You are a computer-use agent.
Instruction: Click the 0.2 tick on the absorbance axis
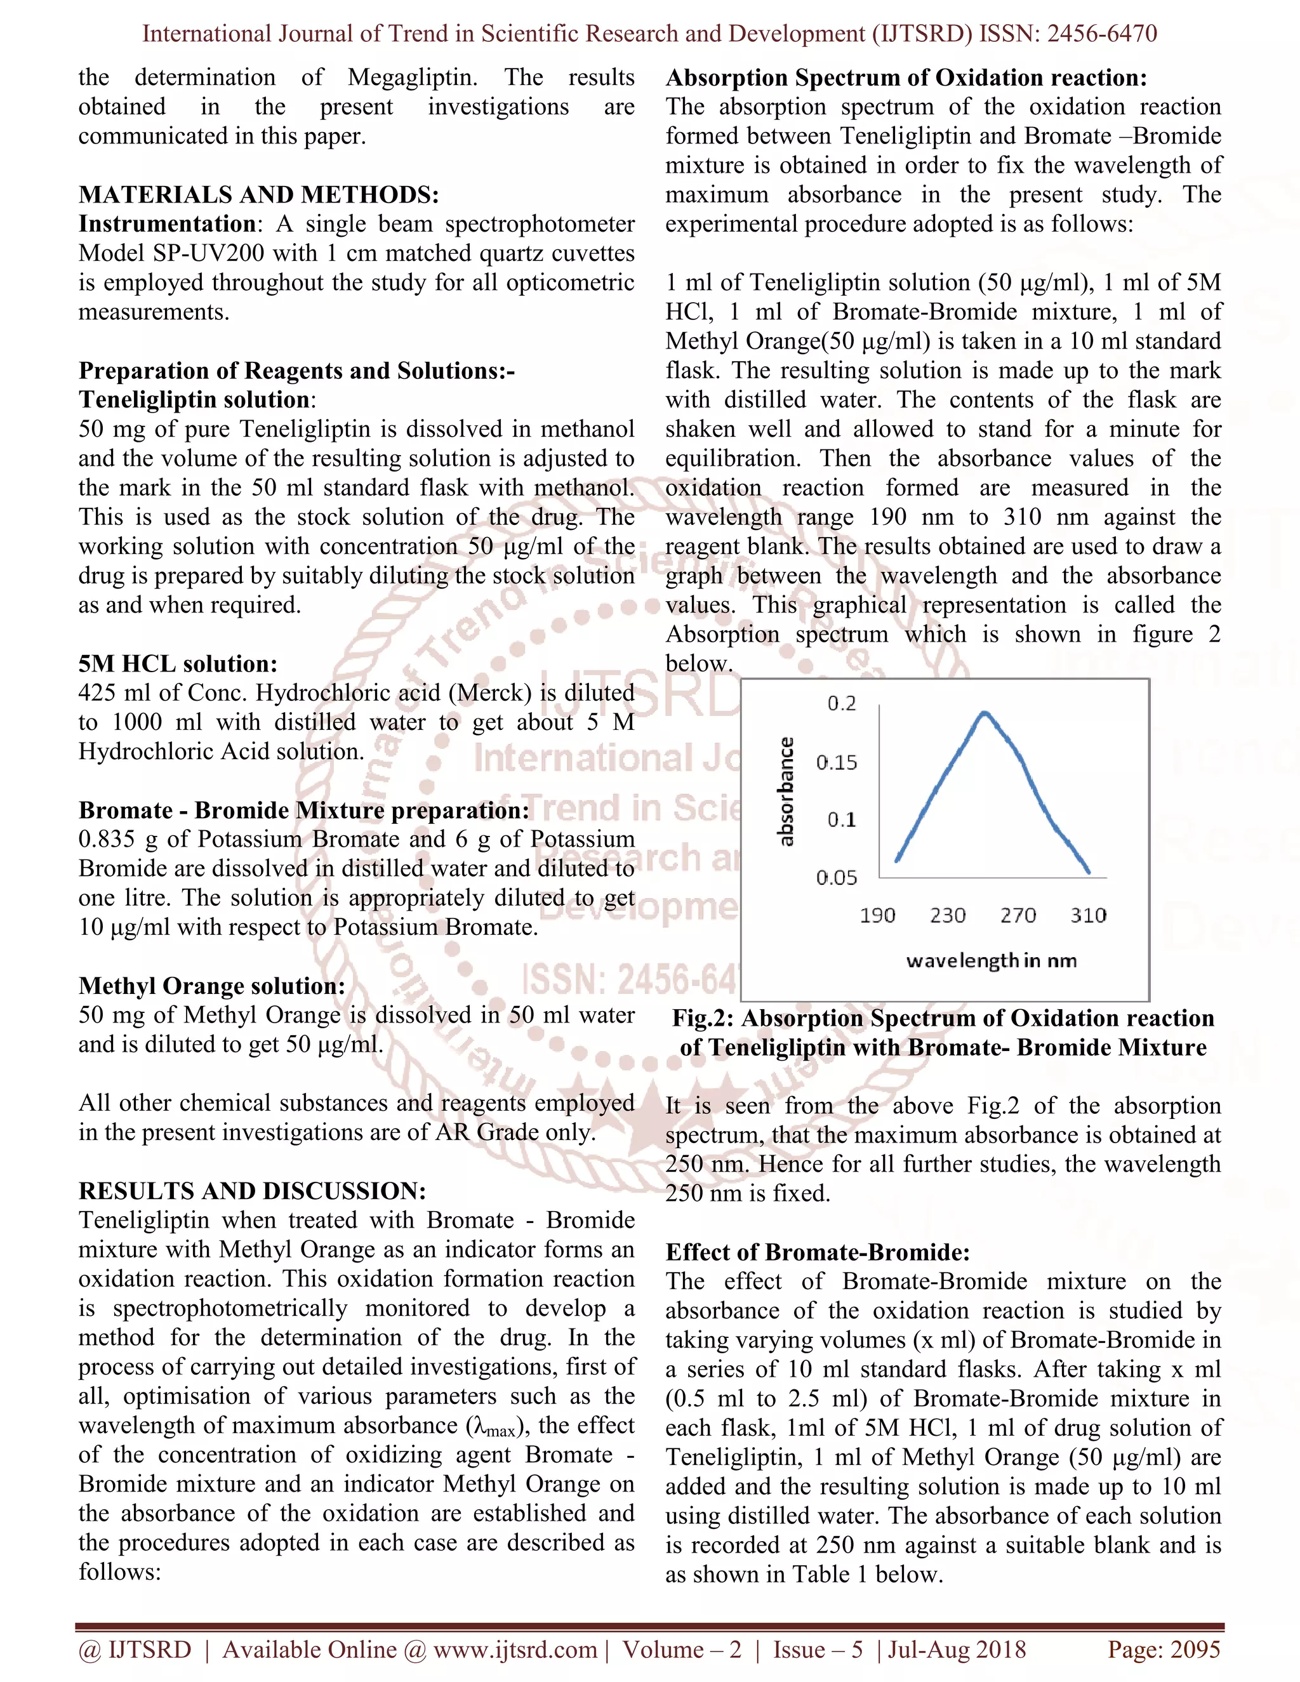tap(841, 704)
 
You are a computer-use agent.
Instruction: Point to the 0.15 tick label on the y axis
tap(837, 762)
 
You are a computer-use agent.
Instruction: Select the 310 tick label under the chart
tap(1088, 916)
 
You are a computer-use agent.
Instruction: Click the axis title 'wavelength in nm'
tap(991, 961)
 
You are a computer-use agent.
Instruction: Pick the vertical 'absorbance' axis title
tap(786, 791)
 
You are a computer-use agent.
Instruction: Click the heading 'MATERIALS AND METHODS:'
tap(259, 195)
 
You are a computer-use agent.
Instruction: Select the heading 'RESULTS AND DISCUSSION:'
tap(252, 1191)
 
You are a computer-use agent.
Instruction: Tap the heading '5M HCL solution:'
tap(178, 664)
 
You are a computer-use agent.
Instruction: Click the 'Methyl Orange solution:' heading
tap(212, 986)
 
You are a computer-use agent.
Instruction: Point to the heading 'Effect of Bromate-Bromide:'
tap(817, 1252)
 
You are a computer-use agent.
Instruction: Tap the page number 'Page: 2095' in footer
tap(1164, 1650)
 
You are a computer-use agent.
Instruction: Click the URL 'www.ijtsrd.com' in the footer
tap(515, 1650)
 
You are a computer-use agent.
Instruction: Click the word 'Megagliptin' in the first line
tap(411, 78)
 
